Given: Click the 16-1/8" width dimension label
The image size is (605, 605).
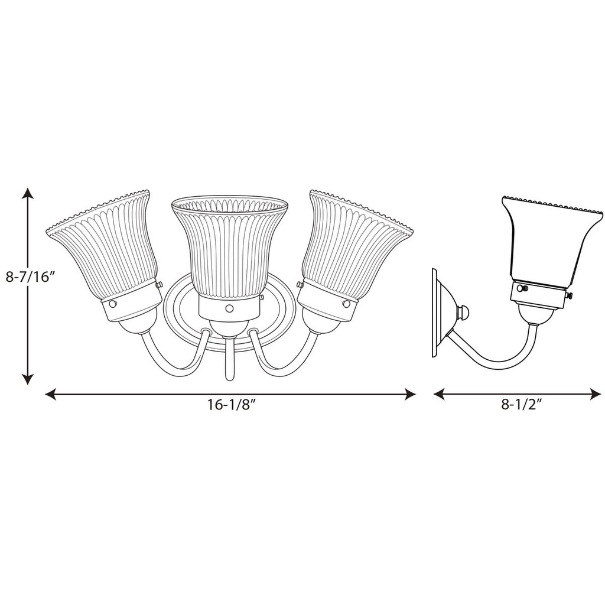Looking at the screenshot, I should click(230, 405).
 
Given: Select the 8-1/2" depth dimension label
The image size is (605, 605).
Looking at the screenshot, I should click(522, 405).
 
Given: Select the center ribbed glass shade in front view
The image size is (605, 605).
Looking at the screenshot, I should click(229, 248).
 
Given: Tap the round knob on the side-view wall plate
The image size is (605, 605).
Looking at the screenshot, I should click(465, 311).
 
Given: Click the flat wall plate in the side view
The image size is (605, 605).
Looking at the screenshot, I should click(435, 313).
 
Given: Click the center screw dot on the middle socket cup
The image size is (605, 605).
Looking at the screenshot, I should click(229, 308).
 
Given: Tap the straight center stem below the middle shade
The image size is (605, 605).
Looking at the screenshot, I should click(229, 360).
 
